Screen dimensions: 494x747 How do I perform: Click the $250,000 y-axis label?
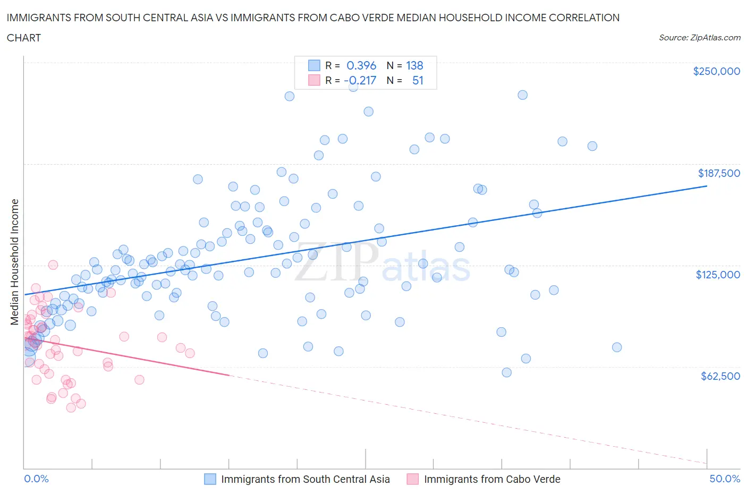(x=716, y=72)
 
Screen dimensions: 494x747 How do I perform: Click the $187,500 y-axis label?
(x=719, y=173)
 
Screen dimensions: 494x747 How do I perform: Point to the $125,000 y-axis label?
(x=718, y=275)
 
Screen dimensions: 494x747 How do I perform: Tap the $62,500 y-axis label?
(x=720, y=376)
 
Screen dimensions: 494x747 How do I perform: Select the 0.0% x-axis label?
(x=36, y=479)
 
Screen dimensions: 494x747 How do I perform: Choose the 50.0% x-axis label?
(x=725, y=479)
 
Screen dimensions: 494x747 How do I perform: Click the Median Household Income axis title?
(x=15, y=262)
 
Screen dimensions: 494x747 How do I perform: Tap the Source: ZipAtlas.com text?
(x=700, y=38)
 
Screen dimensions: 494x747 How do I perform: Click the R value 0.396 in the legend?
(x=361, y=65)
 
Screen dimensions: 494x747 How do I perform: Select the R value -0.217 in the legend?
(x=360, y=80)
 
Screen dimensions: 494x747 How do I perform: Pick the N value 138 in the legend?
(x=414, y=65)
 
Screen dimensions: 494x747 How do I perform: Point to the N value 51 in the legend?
(x=418, y=80)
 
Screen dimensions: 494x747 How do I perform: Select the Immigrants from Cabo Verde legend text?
(x=492, y=479)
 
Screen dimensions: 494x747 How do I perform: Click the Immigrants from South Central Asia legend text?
(x=305, y=479)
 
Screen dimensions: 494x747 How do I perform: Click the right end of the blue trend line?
(x=707, y=186)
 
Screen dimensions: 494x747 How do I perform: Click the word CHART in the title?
(x=24, y=38)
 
